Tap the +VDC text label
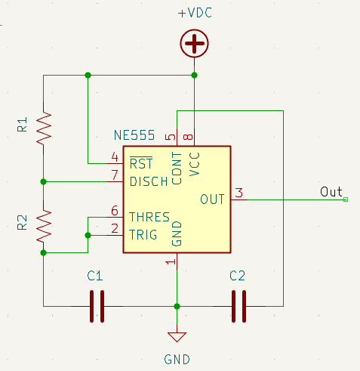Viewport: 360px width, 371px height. (x=195, y=14)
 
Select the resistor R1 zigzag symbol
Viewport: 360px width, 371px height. (x=44, y=128)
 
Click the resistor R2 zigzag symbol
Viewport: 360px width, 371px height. (x=44, y=224)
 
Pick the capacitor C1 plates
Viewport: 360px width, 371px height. (x=96, y=306)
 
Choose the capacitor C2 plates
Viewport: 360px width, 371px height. (x=238, y=306)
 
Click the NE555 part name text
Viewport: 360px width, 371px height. (x=134, y=136)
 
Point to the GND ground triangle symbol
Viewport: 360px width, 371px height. (x=177, y=337)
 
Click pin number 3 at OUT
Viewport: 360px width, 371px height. (x=238, y=193)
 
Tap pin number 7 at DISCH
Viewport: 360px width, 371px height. (x=115, y=175)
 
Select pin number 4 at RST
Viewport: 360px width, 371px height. (x=115, y=156)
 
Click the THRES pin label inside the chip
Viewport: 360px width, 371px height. (x=149, y=217)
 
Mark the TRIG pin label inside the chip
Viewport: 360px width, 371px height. (x=144, y=235)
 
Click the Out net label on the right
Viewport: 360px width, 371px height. (x=331, y=191)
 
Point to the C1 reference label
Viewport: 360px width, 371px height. (x=95, y=276)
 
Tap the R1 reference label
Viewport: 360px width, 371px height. (x=22, y=125)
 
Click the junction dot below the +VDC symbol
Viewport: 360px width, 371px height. (x=195, y=75)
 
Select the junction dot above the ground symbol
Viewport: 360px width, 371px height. (x=177, y=306)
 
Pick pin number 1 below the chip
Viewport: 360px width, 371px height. (x=171, y=261)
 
